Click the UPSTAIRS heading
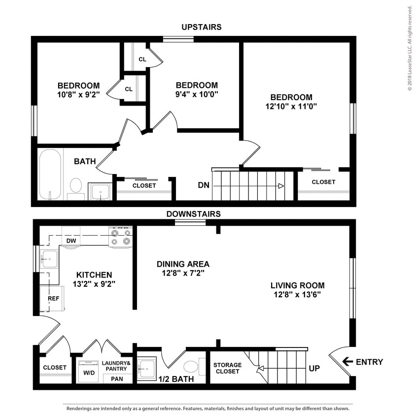tap(201, 27)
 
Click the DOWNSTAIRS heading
tap(193, 214)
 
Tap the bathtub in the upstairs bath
tap(50, 174)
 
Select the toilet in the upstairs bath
tap(76, 187)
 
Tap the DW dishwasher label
tap(71, 241)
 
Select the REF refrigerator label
tap(53, 299)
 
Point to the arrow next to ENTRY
tap(347, 362)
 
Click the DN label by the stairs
tap(204, 185)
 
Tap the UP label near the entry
tap(314, 368)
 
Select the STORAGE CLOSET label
tap(227, 368)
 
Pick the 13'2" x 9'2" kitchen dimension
tap(94, 284)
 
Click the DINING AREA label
tap(183, 264)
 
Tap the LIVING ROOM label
tap(297, 285)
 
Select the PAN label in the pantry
tap(117, 379)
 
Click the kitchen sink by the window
tap(49, 259)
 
